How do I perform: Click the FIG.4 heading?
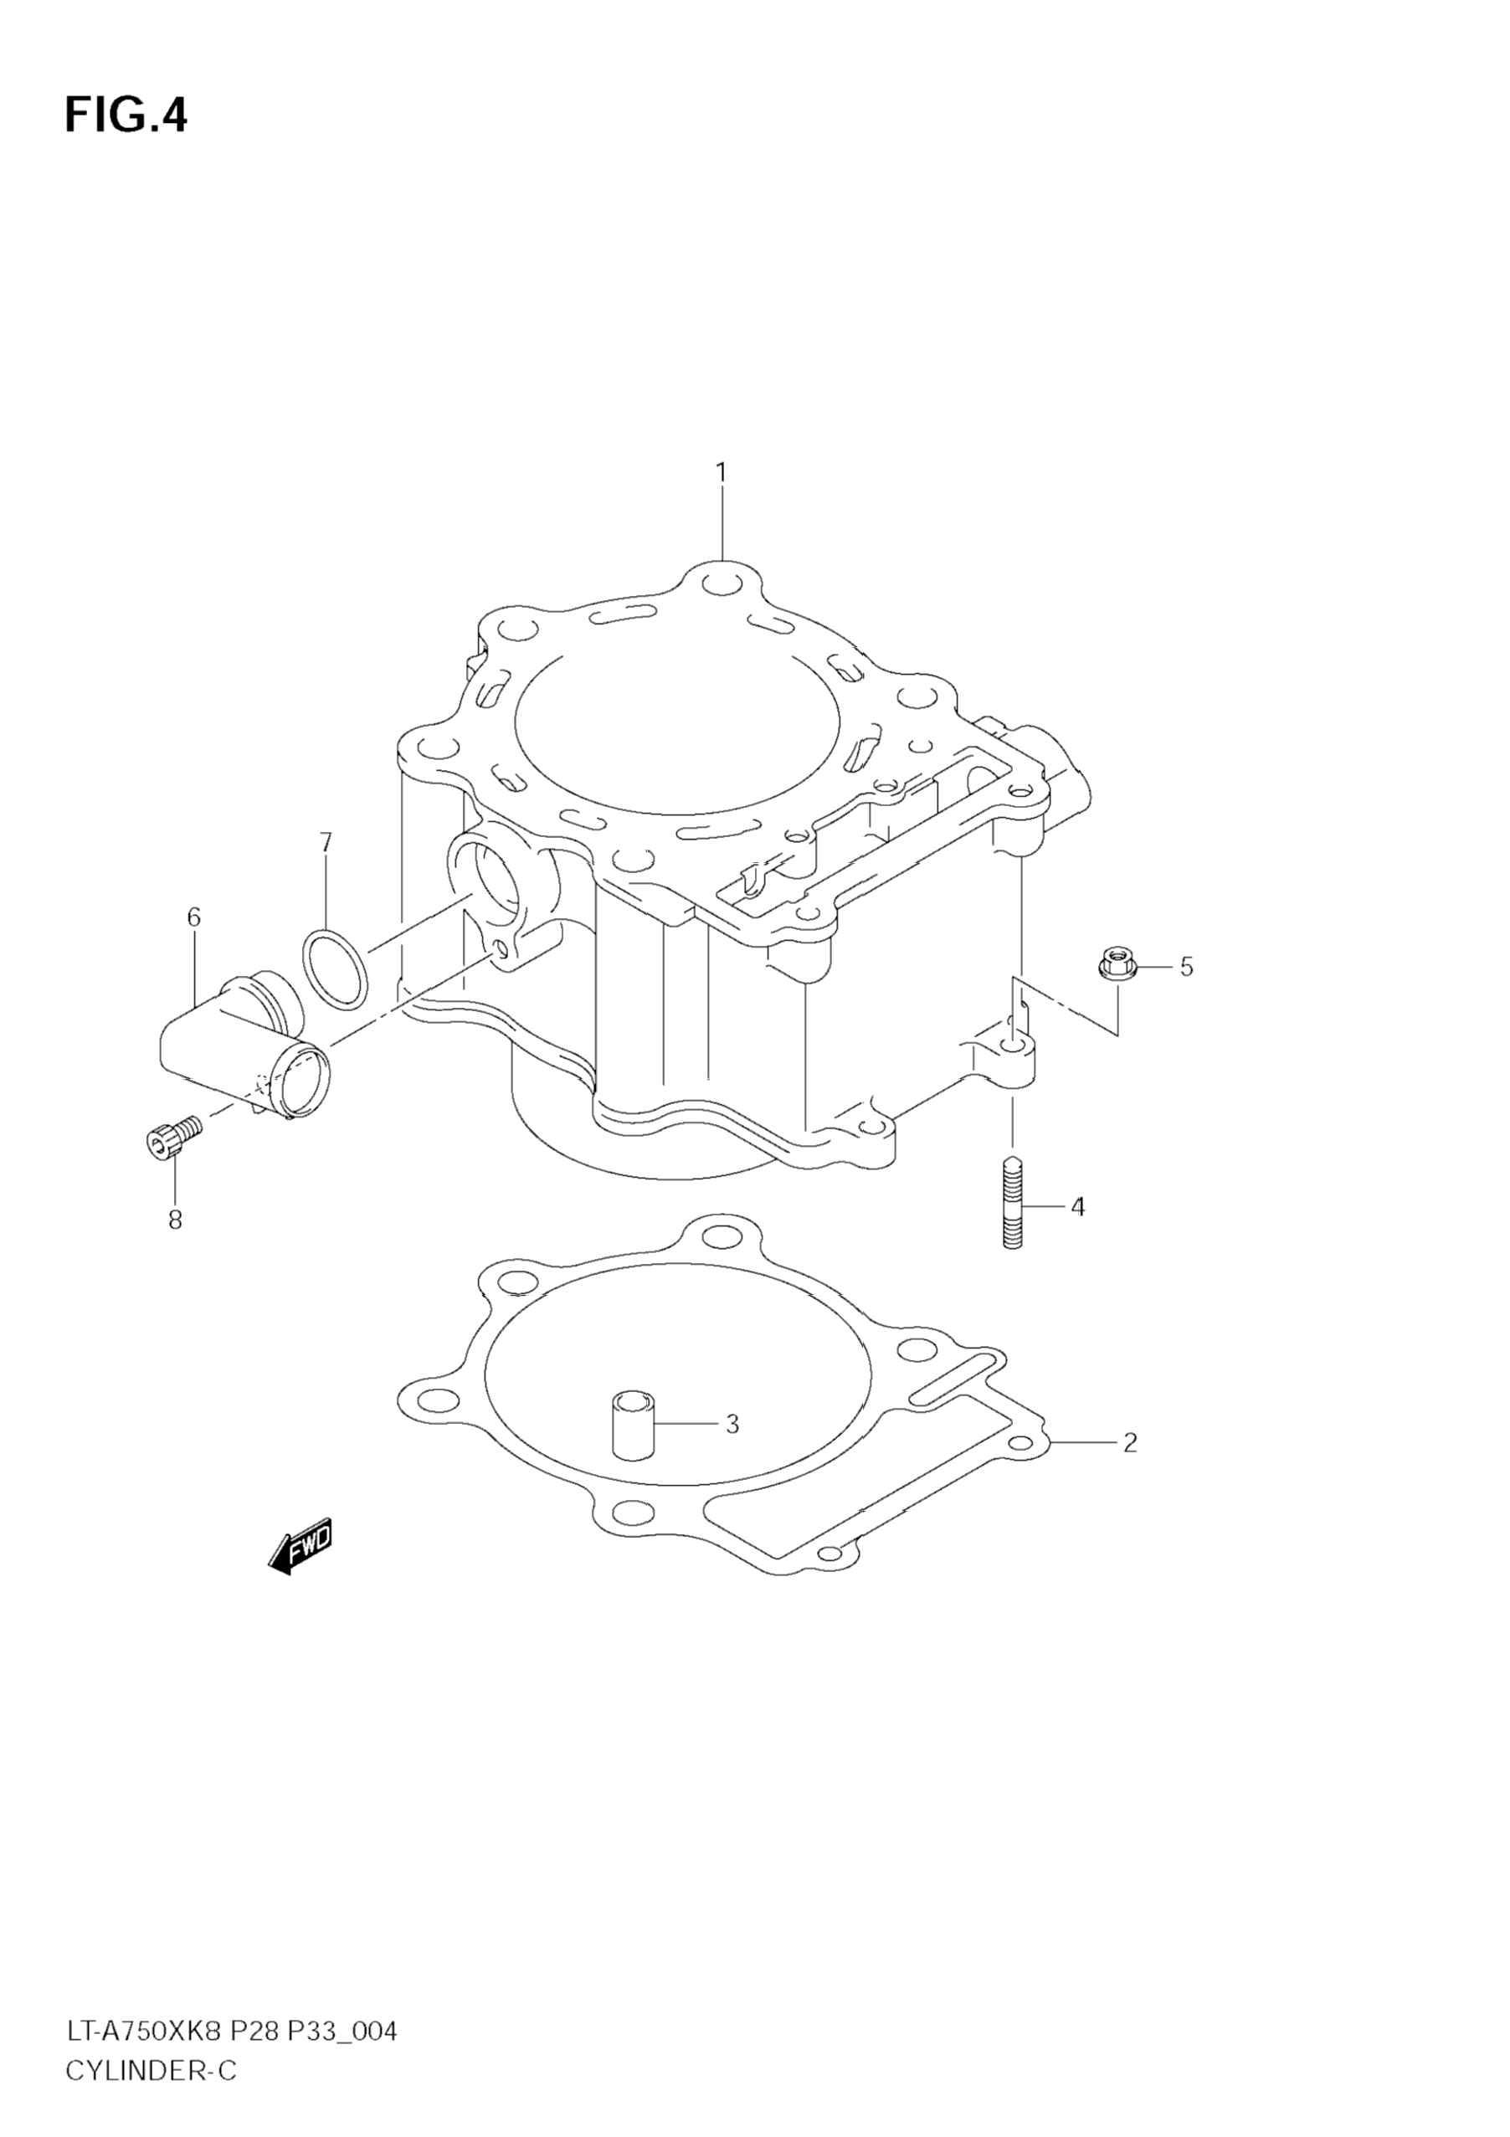pyautogui.click(x=126, y=116)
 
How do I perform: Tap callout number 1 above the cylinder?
pyautogui.click(x=722, y=473)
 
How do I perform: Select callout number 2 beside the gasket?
pyautogui.click(x=1130, y=1442)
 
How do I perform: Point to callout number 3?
pyautogui.click(x=732, y=1424)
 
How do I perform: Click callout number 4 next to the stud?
pyautogui.click(x=1077, y=1207)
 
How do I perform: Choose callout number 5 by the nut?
pyautogui.click(x=1186, y=967)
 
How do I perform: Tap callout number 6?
pyautogui.click(x=193, y=917)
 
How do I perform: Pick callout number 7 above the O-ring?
pyautogui.click(x=325, y=843)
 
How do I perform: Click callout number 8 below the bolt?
pyautogui.click(x=175, y=1220)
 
